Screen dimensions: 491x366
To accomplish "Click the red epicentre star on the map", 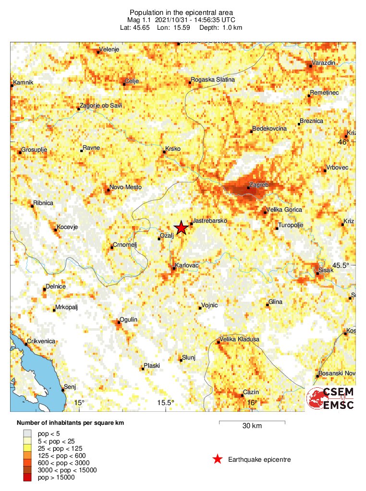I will [181, 228].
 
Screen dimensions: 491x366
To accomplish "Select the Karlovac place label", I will [187, 265].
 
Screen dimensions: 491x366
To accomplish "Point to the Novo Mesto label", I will [125, 187].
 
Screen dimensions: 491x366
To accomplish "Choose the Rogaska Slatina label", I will [213, 80].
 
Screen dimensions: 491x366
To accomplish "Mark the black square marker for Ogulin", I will [119, 323].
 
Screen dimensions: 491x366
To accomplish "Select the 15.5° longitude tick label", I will [166, 402].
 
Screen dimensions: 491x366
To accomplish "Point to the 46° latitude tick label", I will [344, 142].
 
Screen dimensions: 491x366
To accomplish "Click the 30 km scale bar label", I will [252, 426].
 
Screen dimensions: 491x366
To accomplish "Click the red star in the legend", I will [218, 459].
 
